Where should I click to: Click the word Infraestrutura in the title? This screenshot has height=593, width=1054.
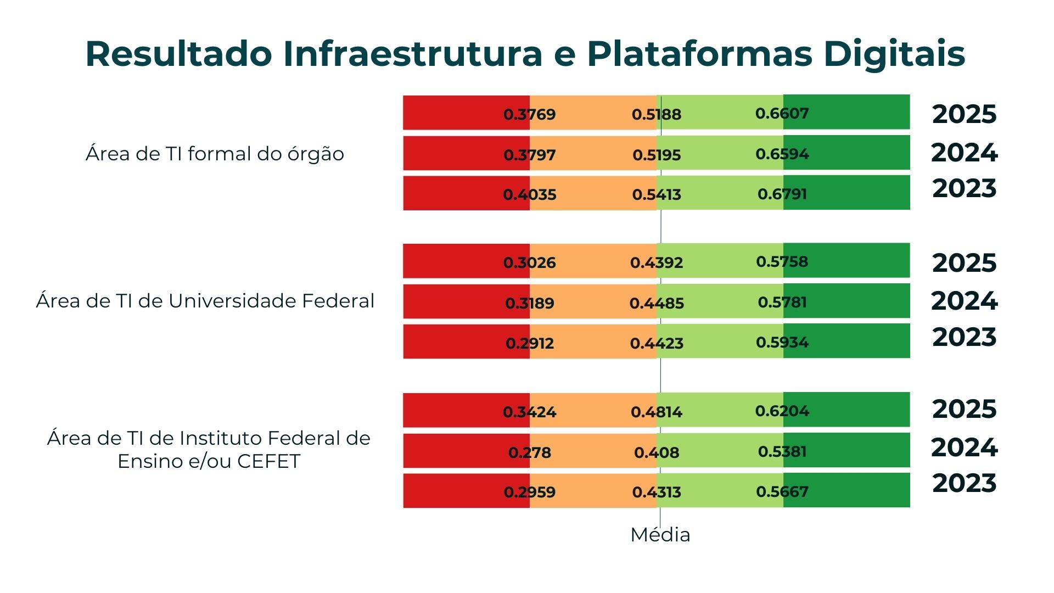click(412, 54)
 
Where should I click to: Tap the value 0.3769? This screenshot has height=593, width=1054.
click(529, 114)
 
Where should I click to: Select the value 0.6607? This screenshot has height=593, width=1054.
click(782, 113)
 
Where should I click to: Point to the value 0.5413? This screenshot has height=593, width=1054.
click(657, 194)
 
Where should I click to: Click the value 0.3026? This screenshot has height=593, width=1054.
click(529, 262)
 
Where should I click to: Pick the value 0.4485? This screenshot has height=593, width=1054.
click(657, 303)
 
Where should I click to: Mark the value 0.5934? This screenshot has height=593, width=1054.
click(782, 342)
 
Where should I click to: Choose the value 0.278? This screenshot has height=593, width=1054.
click(529, 452)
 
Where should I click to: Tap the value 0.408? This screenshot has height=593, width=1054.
click(657, 452)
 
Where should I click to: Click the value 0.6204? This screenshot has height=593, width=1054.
click(782, 411)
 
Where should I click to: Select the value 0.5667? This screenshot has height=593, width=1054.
click(782, 491)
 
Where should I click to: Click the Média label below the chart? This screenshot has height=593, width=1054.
click(660, 534)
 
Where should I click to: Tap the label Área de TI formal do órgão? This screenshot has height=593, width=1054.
click(215, 154)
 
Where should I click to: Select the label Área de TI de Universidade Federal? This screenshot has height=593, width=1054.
click(205, 301)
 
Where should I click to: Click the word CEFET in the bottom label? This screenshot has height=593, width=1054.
click(269, 461)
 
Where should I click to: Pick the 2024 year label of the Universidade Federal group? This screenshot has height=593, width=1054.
click(964, 301)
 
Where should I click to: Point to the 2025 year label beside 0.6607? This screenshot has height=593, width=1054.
click(964, 114)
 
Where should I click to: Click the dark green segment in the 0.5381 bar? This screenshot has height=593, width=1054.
click(856, 450)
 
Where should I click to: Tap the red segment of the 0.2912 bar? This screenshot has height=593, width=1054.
click(456, 342)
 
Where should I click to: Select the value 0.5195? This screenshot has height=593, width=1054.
click(657, 155)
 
